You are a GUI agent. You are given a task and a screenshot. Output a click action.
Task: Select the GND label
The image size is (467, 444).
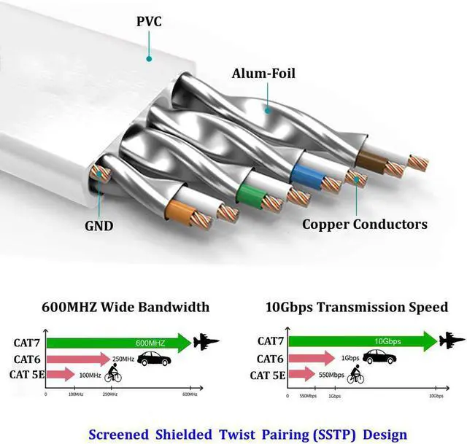tap(99, 225)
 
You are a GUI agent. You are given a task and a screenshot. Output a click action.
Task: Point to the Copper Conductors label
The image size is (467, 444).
tap(364, 224)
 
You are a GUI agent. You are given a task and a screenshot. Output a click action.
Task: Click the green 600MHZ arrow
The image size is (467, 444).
tap(117, 341)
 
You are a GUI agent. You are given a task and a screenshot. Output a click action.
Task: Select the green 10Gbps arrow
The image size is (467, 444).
tap(361, 340)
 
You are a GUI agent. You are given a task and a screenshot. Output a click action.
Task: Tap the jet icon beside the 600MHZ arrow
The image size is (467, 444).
tap(206, 341)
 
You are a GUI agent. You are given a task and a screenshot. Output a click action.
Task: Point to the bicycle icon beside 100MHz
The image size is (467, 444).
tap(114, 375)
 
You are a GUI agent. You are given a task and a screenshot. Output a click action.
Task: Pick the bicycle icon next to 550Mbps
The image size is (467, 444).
tap(355, 375)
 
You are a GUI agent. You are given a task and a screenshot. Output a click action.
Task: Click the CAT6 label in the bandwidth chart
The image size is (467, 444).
tap(26, 359)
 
